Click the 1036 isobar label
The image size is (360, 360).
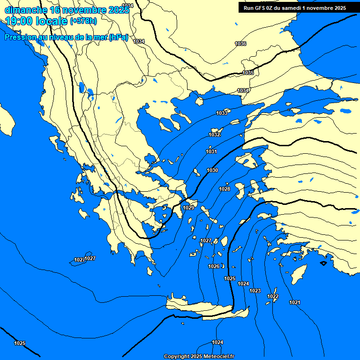[x=240, y=44]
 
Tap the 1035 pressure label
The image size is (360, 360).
[x=248, y=73]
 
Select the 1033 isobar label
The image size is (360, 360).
[x=222, y=113]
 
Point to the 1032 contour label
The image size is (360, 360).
[x=215, y=135]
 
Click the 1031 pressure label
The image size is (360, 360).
[x=211, y=151]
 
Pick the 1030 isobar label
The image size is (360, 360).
[x=212, y=170]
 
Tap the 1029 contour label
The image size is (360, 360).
[x=188, y=208]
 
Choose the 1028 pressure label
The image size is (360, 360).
[x=225, y=189]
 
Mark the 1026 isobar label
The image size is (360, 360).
[x=214, y=266]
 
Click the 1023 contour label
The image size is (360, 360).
[x=255, y=291]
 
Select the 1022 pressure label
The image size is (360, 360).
[x=273, y=296]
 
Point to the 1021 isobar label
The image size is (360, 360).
[x=295, y=302]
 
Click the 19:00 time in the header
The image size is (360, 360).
[x=19, y=21]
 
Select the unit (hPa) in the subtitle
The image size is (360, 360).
[x=118, y=38]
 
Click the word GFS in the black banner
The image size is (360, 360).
[x=264, y=8]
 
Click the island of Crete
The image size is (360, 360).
[x=202, y=307]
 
